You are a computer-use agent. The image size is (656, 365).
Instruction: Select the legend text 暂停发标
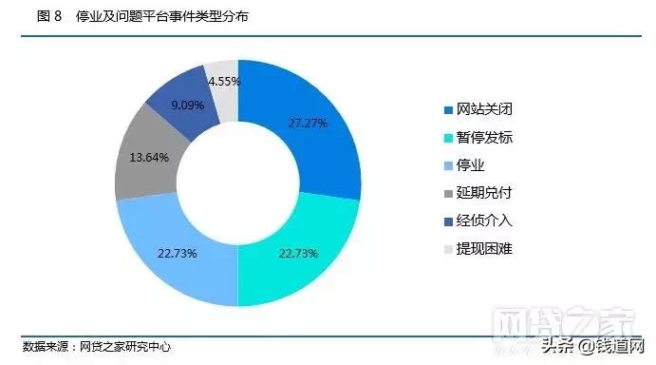(484, 138)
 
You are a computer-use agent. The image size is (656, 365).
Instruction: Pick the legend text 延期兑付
(484, 194)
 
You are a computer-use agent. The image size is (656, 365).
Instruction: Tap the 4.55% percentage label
(224, 82)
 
